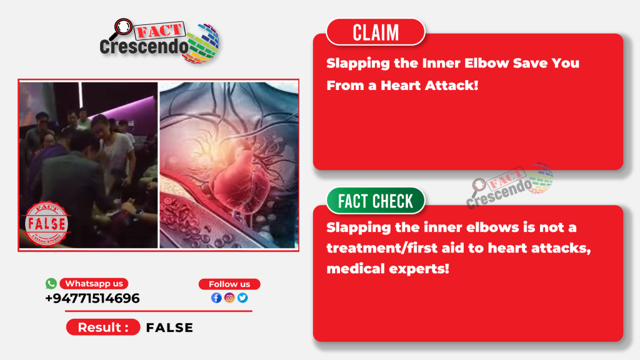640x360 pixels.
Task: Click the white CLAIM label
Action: point(376,32)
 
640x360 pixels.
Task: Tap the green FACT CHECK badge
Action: point(376,201)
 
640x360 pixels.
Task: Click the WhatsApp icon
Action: point(51,283)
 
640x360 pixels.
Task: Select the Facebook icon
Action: point(216,298)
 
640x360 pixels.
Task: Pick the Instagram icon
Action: point(229,298)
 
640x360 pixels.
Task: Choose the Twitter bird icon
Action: point(242,298)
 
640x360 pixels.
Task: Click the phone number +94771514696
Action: point(92,298)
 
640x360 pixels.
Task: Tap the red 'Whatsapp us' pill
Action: point(94,283)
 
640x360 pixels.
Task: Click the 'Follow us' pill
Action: point(229,284)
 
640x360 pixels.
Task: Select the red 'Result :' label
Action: point(103,327)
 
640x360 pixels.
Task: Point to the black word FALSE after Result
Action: point(169,327)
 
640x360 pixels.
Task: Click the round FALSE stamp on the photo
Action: point(46,224)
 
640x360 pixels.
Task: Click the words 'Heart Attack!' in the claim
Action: point(429,85)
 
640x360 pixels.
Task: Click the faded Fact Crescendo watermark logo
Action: point(510,186)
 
